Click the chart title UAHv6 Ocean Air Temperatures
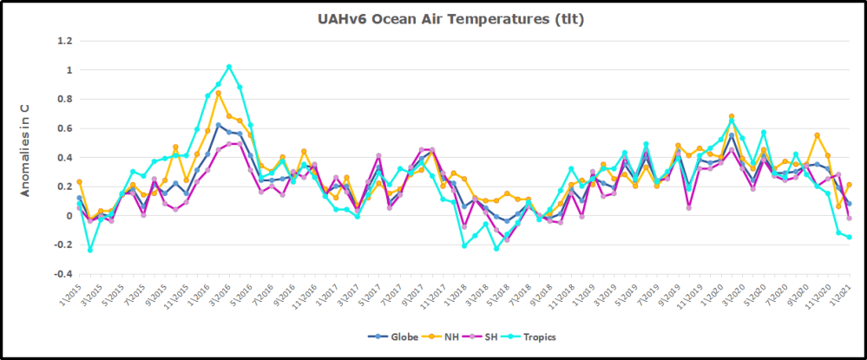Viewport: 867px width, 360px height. click(x=433, y=20)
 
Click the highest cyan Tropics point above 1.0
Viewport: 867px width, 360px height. click(x=229, y=67)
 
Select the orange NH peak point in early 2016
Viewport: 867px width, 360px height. click(x=218, y=93)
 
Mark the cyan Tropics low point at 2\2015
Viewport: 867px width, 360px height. click(x=90, y=250)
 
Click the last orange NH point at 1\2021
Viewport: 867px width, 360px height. click(x=850, y=185)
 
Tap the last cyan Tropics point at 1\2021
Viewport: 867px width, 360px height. click(x=850, y=237)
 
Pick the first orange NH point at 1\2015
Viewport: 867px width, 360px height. click(x=79, y=182)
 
